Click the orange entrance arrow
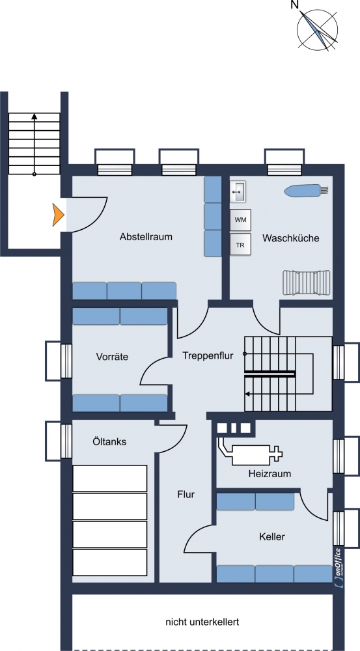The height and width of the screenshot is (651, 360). coord(58,215)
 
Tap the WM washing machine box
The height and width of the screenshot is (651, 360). coord(240,220)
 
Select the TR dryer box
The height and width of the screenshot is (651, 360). coord(240,245)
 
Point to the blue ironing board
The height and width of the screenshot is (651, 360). coord(307,190)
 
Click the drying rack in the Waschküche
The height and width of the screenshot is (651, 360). coord(307,283)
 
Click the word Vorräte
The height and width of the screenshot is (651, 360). coord(112,356)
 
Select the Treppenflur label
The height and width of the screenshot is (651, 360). coord(208,355)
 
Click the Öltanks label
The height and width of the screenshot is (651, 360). coord(109,441)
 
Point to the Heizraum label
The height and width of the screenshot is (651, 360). coord(270,473)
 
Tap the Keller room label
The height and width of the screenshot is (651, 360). coord(272,537)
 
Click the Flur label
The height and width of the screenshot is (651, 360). coord(186,495)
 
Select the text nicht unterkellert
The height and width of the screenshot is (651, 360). coord(202,622)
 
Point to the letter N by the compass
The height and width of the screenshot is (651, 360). coord(295,5)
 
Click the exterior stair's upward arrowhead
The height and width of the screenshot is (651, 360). coord(34,117)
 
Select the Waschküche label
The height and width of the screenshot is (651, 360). coord(290,238)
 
